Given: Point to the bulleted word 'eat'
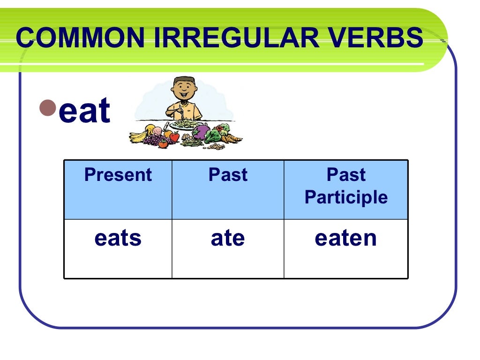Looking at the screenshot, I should (84, 111).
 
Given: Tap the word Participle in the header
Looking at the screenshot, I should (346, 197).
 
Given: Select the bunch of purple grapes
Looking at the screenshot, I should (152, 139).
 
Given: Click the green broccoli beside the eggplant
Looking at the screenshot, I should (215, 136).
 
